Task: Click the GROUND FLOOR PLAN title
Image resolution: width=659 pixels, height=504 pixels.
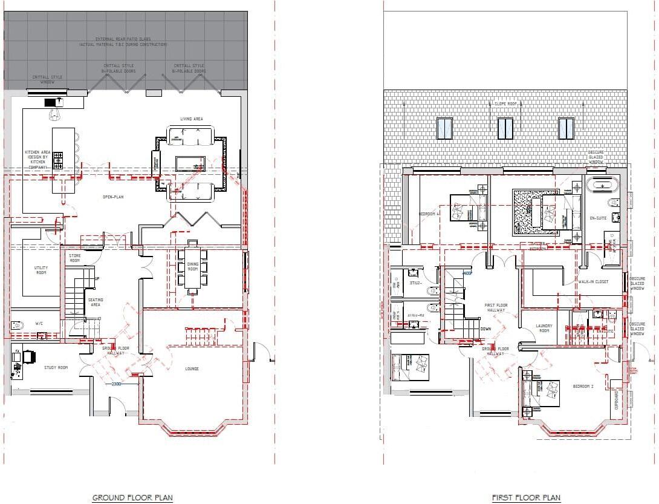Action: point(132,498)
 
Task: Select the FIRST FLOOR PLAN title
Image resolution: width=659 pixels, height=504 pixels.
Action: point(525,498)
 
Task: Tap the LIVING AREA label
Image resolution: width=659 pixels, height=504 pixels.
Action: point(191,119)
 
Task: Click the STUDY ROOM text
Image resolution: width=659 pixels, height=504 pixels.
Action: point(56,367)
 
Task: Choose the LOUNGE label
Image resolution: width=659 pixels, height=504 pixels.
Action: point(192,368)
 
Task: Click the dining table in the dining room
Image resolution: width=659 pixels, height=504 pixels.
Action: point(192,267)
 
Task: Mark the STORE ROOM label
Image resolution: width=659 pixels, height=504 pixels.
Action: point(74,258)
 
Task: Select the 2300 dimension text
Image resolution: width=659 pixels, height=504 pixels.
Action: point(117,384)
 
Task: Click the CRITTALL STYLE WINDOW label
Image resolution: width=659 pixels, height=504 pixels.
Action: point(47,80)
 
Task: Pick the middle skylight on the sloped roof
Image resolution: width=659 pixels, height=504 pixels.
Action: point(505,128)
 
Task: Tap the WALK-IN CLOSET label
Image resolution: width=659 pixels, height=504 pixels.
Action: point(592,282)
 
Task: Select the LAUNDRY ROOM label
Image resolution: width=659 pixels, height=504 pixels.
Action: point(544,329)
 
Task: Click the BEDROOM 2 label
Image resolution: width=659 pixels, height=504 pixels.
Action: point(583,386)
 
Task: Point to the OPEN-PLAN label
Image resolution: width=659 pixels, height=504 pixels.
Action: point(112,197)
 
